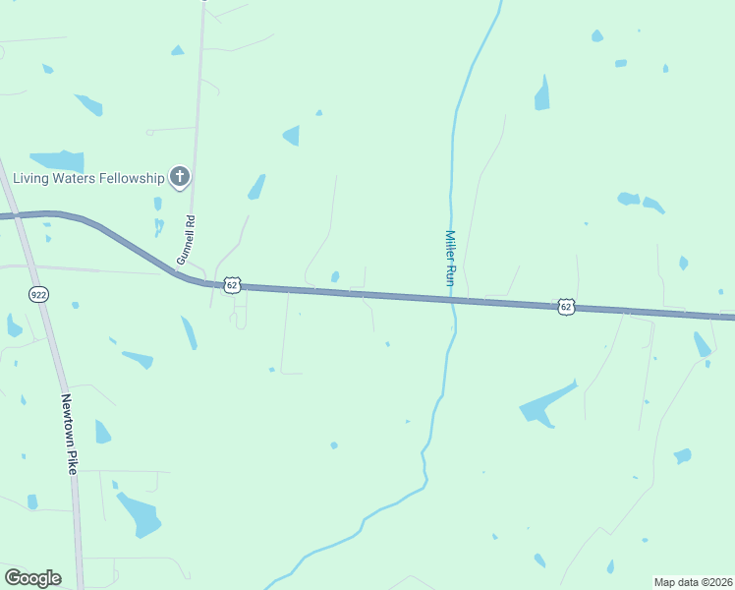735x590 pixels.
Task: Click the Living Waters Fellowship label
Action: pos(87,178)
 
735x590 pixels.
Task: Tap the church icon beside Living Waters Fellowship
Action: pos(179,177)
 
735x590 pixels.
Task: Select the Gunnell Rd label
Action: pos(185,241)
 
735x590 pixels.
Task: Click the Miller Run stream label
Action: pos(451,259)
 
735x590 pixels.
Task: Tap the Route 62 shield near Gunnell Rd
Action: pos(232,285)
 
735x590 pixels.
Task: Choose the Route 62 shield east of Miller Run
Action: pos(565,307)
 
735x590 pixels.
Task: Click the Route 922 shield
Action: pos(38,294)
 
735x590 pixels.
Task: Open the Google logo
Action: pos(32,577)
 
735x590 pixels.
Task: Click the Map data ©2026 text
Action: pos(693,581)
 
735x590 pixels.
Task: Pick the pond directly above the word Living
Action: pos(58,160)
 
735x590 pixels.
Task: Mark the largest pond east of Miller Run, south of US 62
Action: pos(545,404)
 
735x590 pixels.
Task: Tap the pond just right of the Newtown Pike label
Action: pos(102,432)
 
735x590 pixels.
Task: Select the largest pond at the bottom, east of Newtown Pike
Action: pos(139,514)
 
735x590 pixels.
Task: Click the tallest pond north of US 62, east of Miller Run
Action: pos(542,93)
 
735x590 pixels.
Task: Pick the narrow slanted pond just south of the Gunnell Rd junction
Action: pos(189,332)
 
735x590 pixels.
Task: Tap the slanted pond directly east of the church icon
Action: pos(256,186)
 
